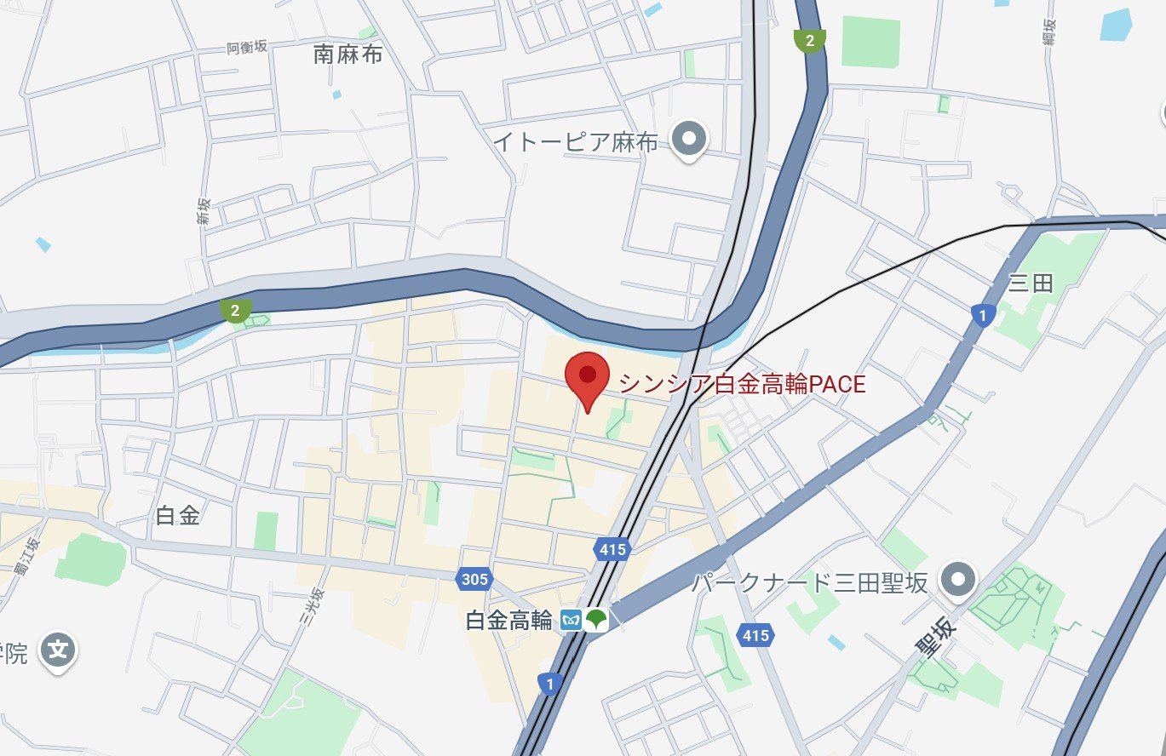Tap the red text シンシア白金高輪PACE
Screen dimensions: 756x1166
[x=742, y=385]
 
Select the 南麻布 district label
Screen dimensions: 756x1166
[x=348, y=55]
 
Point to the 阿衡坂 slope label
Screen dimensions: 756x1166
[x=247, y=47]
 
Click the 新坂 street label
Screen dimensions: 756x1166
[x=204, y=210]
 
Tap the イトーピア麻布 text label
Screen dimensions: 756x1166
[x=577, y=142]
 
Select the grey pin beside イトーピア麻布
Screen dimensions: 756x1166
[x=690, y=137]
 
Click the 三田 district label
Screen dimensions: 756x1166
[x=1031, y=283]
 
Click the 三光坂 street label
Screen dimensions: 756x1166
[x=314, y=605]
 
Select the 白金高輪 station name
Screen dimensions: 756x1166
[x=509, y=621]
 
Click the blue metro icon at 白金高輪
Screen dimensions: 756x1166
[x=571, y=621]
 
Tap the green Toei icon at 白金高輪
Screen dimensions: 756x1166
[x=596, y=621]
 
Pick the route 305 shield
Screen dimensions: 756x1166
[x=474, y=579]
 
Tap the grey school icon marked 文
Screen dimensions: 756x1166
[x=57, y=651]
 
